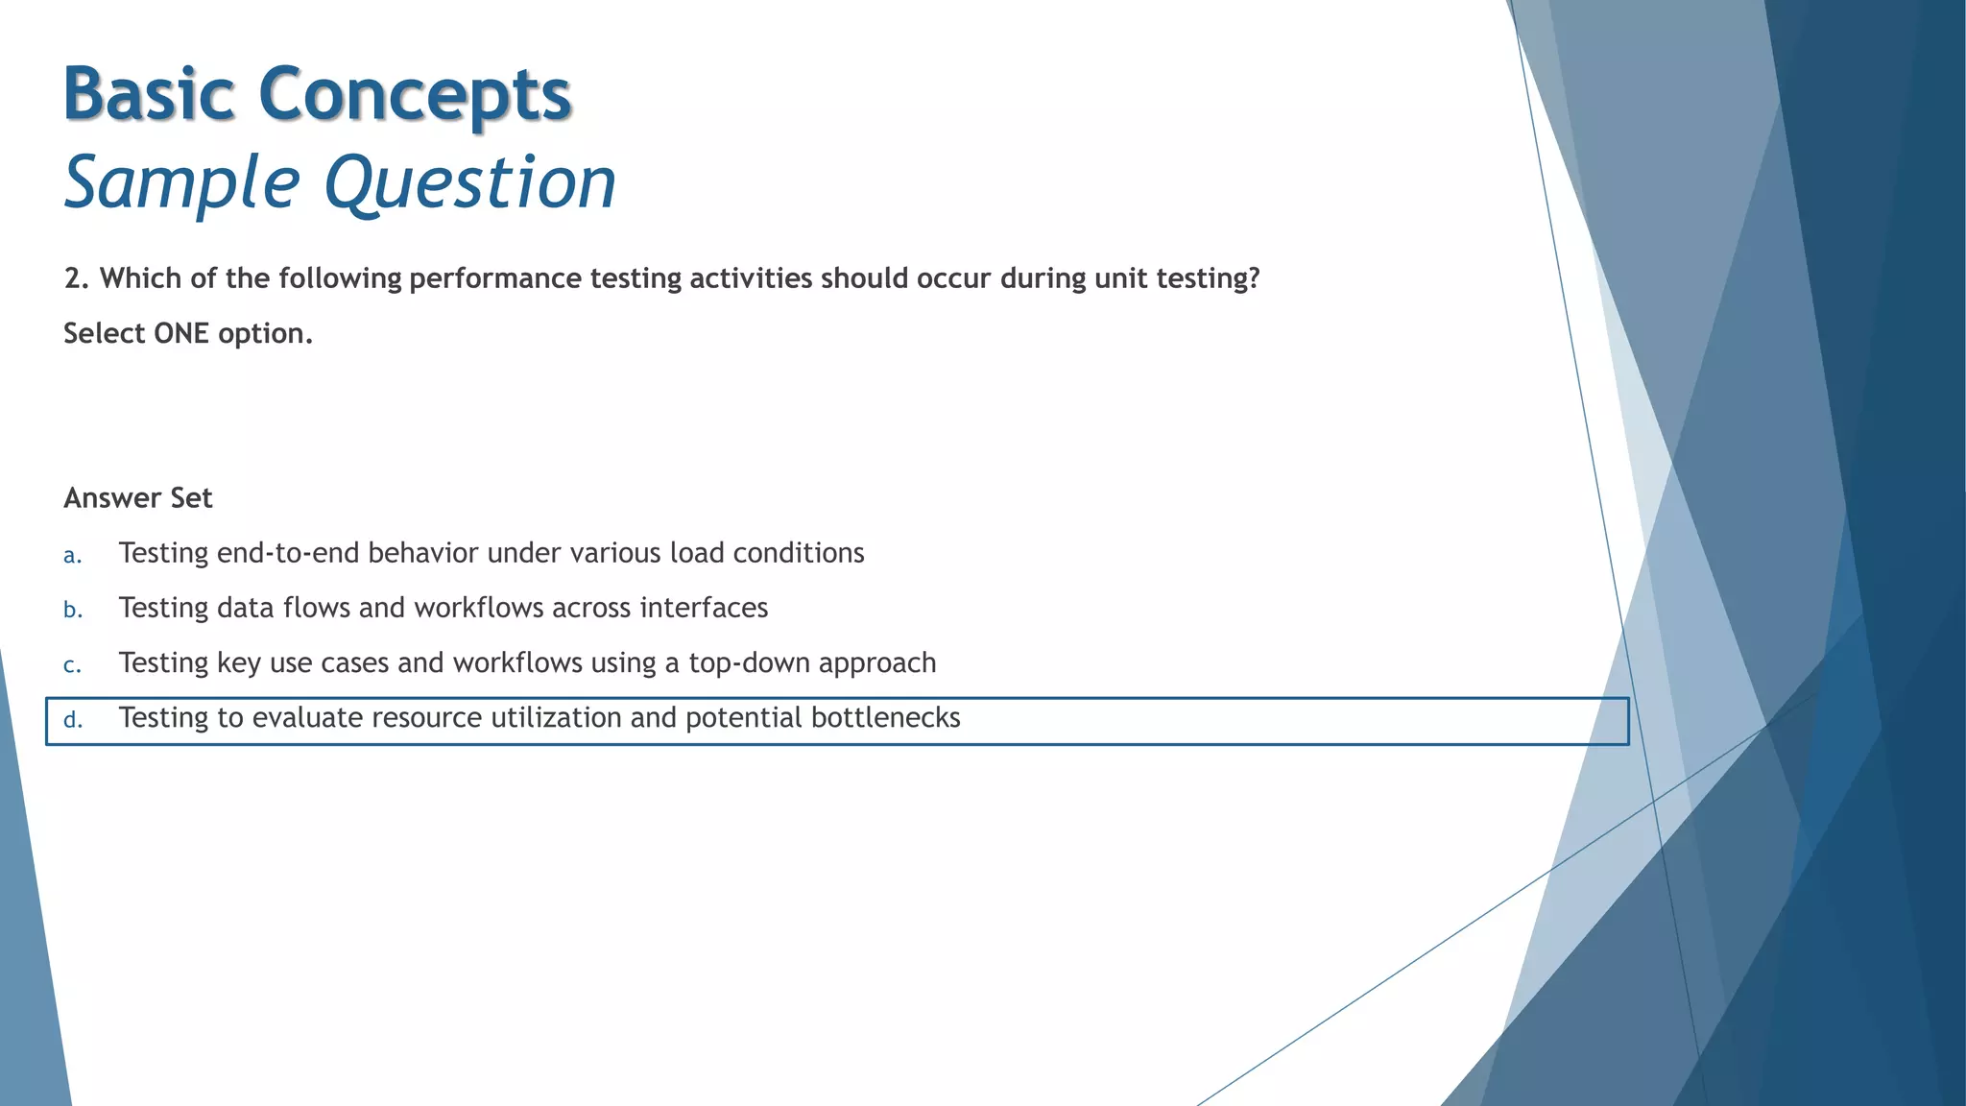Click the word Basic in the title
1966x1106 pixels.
149,94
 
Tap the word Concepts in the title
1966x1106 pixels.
415,94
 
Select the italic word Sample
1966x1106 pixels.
182,182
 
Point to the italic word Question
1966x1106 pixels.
470,182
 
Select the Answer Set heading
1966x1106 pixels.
138,497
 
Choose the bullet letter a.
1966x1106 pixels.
72,555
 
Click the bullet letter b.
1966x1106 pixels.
73,610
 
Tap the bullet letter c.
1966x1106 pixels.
72,664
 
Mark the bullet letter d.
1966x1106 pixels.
73,719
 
